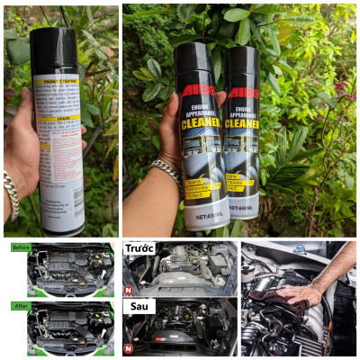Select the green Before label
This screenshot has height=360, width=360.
point(21,247)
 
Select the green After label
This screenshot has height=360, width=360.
point(19,304)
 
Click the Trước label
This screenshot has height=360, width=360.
point(139,248)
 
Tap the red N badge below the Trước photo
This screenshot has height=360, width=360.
point(129,290)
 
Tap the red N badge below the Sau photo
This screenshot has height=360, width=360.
point(129,347)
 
